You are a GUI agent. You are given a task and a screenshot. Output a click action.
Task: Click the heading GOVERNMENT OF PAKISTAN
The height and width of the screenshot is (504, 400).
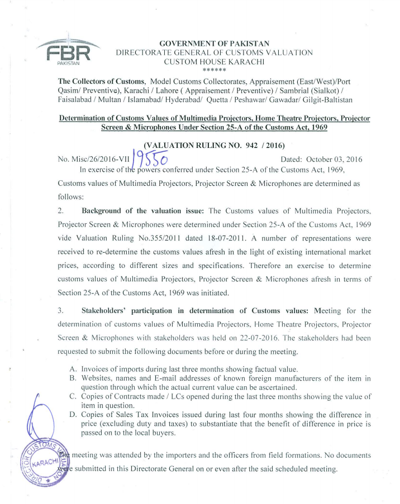(215, 44)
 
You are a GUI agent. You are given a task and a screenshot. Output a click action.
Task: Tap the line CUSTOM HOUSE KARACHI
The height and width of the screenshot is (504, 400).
(215, 63)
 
